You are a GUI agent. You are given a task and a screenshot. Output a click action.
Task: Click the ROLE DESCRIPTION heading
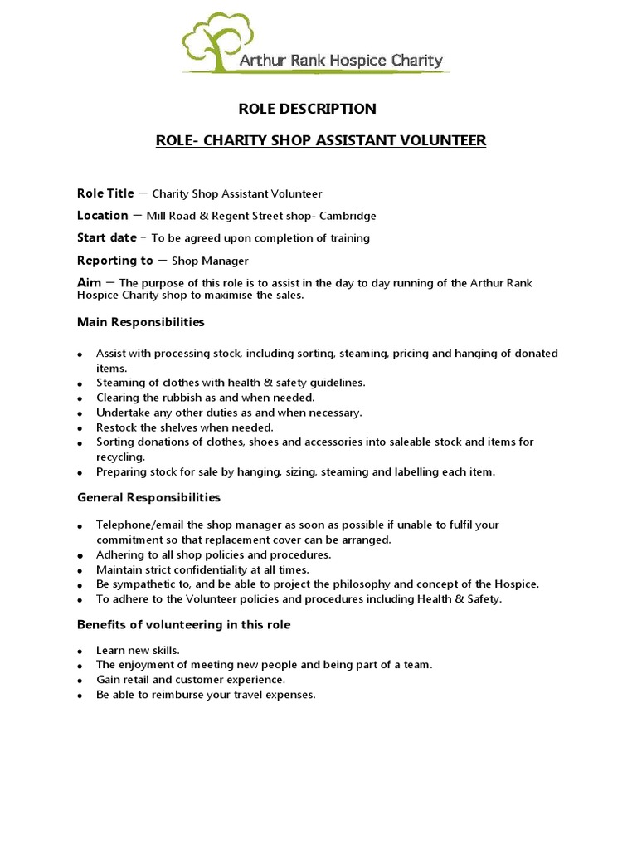[307, 109]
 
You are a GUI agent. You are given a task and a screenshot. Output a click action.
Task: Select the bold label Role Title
[105, 193]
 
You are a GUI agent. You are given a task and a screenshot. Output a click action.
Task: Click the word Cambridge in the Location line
[349, 216]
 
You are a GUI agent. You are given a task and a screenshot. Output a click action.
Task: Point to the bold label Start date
[107, 238]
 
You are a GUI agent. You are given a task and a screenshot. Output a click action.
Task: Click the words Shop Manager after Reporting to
[210, 261]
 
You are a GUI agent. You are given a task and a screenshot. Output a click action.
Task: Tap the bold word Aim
[89, 283]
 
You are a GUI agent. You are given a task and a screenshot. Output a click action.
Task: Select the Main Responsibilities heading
[140, 322]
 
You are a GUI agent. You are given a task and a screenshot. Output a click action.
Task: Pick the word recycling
[120, 457]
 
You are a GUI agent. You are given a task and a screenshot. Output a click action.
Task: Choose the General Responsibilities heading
[148, 498]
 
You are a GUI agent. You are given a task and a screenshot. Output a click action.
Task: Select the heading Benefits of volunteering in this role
[183, 625]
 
